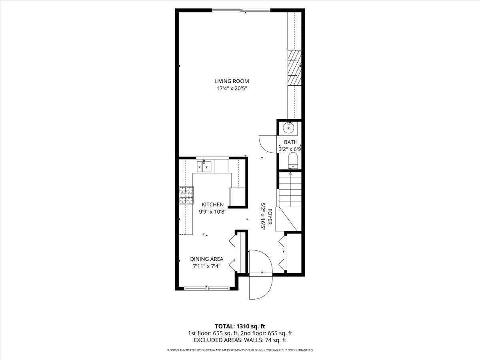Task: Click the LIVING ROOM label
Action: coord(234,81)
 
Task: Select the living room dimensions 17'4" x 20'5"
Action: coord(234,89)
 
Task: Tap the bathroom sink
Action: coord(288,128)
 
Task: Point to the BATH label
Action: coord(291,142)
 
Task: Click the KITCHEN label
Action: coord(212,204)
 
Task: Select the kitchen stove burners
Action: coord(186,196)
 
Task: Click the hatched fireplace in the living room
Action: coord(294,68)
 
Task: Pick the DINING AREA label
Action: coord(206,259)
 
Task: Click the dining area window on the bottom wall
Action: coord(207,288)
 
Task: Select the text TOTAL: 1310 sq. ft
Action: coord(240,326)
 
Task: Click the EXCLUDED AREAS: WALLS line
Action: coord(240,340)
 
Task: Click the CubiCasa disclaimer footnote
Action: coord(240,350)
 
